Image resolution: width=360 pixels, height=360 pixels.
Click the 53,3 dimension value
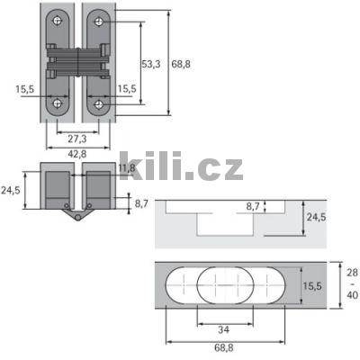(152, 64)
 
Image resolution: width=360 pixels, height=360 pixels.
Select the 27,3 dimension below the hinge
(77, 139)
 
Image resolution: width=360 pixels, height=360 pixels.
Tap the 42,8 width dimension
(77, 154)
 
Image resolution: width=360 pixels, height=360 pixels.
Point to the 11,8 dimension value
(127, 167)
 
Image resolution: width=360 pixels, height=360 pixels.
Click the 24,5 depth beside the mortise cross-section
(313, 218)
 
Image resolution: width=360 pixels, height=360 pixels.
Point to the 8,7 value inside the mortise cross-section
(256, 207)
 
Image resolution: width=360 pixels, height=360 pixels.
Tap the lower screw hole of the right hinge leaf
(96, 103)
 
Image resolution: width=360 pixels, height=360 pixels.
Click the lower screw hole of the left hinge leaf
(59, 103)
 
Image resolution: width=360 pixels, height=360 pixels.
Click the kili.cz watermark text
(180, 168)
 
